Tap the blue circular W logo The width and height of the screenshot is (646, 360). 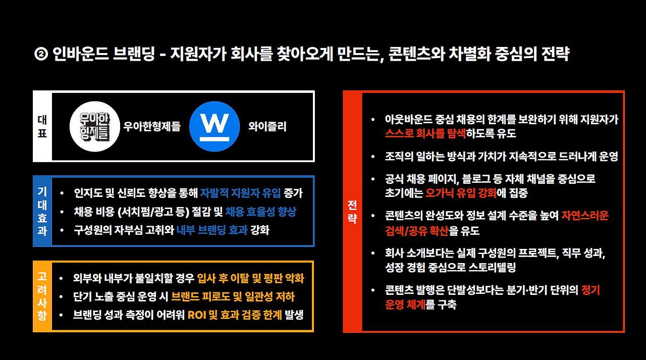tap(214, 126)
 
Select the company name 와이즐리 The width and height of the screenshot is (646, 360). tap(267, 126)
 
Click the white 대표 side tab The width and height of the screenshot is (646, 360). tap(42, 126)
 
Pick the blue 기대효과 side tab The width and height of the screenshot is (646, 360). tap(42, 211)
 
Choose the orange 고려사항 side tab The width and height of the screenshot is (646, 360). tap(42, 296)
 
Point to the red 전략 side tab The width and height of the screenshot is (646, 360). tap(352, 212)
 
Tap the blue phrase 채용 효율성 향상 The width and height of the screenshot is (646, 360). tap(260, 212)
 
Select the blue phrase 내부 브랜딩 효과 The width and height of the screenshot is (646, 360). tap(212, 230)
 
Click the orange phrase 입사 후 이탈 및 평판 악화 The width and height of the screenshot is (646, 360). tap(251, 279)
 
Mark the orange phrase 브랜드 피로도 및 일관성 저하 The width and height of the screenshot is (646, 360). tap(233, 297)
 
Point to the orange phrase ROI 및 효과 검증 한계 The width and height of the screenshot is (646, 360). tap(235, 315)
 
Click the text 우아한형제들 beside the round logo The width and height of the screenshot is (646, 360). tap(152, 126)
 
